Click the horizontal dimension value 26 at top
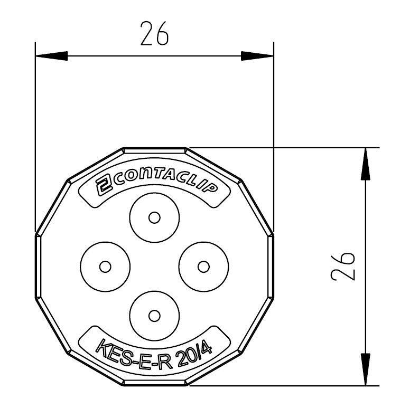(154, 34)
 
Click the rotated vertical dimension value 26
(343, 267)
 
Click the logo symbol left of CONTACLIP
(103, 186)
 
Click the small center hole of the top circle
(154, 217)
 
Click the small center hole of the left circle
(105, 267)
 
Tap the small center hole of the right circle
(203, 267)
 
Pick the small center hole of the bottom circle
(154, 316)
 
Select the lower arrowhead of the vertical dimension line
(365, 369)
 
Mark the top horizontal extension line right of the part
(296, 147)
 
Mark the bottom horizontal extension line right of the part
(296, 386)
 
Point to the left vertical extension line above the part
(35, 132)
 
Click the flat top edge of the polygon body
(154, 148)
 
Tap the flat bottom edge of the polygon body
(154, 385)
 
